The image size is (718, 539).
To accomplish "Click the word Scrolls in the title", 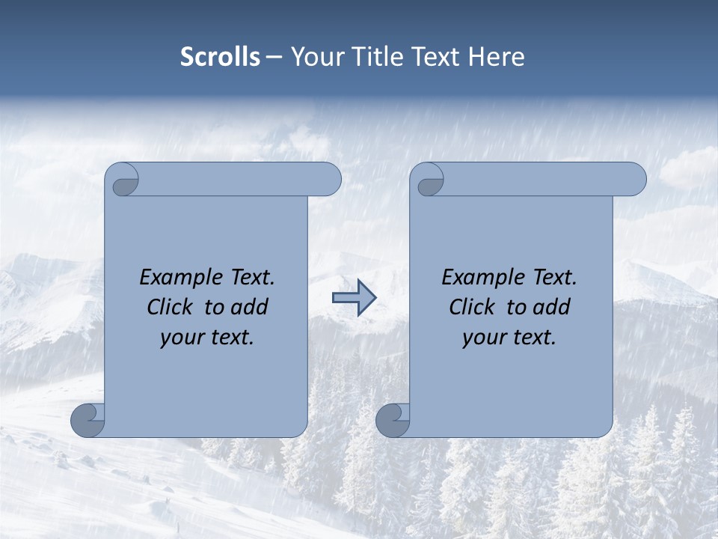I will pos(220,57).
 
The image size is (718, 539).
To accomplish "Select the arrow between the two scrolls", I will pos(354,298).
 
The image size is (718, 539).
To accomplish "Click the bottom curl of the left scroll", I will pos(88,420).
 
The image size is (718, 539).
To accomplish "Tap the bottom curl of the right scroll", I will pos(393,420).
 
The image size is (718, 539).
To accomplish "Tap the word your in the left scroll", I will pos(180,338).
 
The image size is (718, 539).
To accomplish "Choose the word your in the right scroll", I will pos(482,338).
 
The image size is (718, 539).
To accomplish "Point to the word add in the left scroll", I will pos(250,307).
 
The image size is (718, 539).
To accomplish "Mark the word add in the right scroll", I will pos(552,307).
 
